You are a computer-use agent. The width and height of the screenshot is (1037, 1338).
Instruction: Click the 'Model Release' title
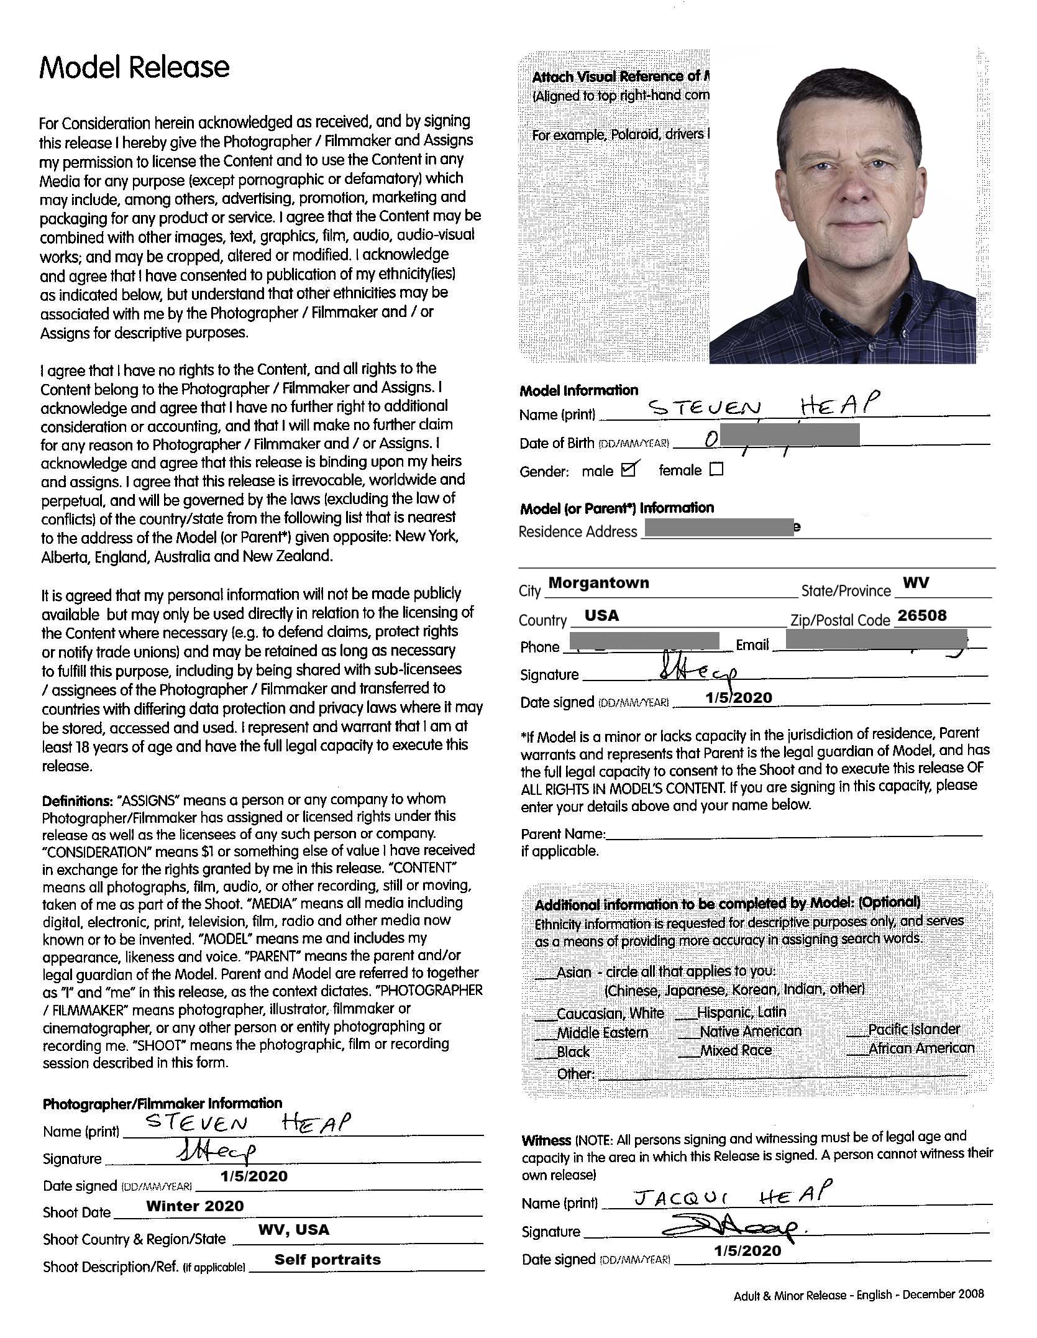(134, 67)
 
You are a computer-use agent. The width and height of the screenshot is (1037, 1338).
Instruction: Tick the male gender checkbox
(629, 469)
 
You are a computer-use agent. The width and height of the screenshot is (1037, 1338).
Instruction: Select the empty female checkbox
(716, 469)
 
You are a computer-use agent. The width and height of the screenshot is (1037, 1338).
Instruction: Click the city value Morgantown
(598, 583)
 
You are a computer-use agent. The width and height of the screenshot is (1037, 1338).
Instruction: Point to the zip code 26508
(922, 616)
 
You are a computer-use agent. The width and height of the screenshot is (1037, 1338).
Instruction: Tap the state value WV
(916, 583)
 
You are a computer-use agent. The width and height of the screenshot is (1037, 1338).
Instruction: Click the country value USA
(602, 616)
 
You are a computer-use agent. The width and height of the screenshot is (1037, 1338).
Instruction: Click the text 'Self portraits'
(327, 1260)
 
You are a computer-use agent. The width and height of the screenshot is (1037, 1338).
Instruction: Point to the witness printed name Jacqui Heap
(731, 1196)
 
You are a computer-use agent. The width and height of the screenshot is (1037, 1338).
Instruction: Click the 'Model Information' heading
(578, 390)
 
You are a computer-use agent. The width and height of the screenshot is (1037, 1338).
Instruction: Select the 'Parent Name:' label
(563, 834)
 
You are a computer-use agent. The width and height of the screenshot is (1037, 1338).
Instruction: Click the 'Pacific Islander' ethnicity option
(913, 1029)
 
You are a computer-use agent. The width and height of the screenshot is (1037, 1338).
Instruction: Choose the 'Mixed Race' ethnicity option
(736, 1050)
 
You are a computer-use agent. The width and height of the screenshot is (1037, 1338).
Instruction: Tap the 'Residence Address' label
(578, 532)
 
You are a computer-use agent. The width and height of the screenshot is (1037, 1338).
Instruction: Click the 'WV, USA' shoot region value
(294, 1230)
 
